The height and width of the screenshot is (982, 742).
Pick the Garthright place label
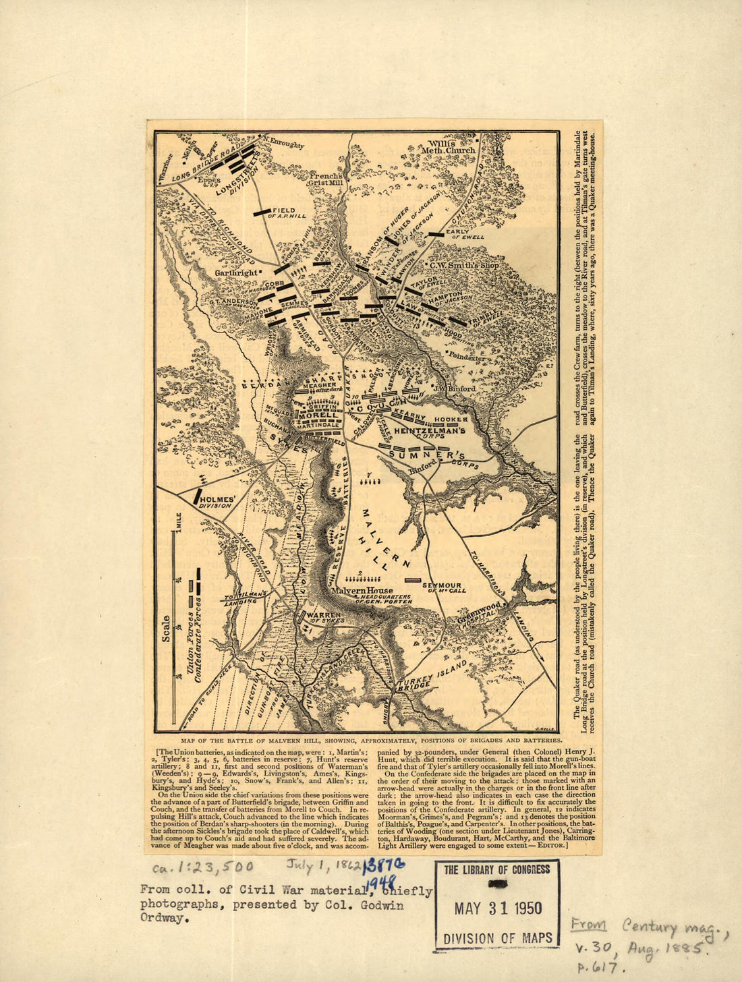(237, 272)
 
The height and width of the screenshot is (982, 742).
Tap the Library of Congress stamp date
(497, 908)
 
